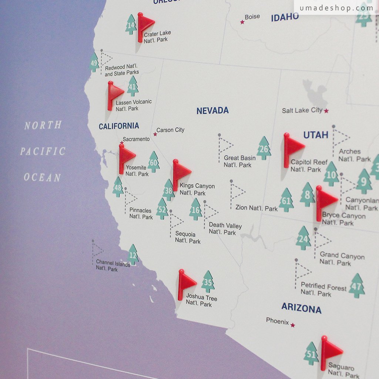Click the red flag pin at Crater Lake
pyautogui.click(x=144, y=25)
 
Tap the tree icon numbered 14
pyautogui.click(x=131, y=25)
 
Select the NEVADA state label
pyautogui.click(x=212, y=111)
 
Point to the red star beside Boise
pyautogui.click(x=242, y=22)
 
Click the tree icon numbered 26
pyautogui.click(x=264, y=148)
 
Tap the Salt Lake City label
pyautogui.click(x=302, y=110)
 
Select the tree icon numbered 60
pyautogui.click(x=154, y=162)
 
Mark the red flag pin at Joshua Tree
pyautogui.click(x=185, y=284)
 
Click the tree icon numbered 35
pyautogui.click(x=208, y=282)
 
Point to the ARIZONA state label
pyautogui.click(x=301, y=308)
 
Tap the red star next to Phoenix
pyautogui.click(x=293, y=325)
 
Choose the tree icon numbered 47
pyautogui.click(x=356, y=286)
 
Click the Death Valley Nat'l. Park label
pyautogui.click(x=225, y=229)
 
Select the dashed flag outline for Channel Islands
pyautogui.click(x=97, y=250)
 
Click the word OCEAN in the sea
pyautogui.click(x=42, y=177)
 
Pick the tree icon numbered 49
pyautogui.click(x=94, y=63)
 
